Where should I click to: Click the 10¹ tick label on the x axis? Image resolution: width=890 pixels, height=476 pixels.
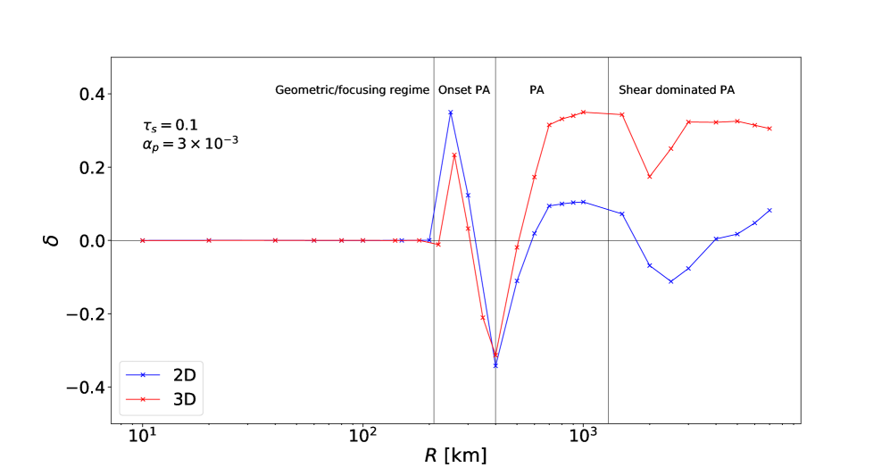[x=142, y=438]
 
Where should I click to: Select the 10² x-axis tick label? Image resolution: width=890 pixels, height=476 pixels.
[x=362, y=438]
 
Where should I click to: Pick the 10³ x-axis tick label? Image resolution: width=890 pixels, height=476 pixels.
[x=583, y=438]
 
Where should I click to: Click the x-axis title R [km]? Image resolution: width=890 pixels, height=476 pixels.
[x=455, y=456]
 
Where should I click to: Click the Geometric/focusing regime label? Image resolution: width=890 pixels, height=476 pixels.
[x=352, y=90]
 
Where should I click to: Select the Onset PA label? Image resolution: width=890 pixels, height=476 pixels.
[x=464, y=90]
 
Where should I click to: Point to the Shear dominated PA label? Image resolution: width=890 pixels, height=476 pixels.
[x=677, y=90]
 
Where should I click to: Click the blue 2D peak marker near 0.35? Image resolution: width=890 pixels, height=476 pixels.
[x=451, y=113]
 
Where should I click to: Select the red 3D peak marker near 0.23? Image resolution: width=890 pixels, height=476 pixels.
[x=454, y=155]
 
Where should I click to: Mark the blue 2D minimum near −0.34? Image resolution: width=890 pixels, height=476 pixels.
[x=495, y=365]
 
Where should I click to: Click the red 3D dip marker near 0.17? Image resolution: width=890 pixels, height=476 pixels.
[x=650, y=177]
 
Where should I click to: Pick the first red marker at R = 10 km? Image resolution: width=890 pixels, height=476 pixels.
[x=142, y=240]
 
